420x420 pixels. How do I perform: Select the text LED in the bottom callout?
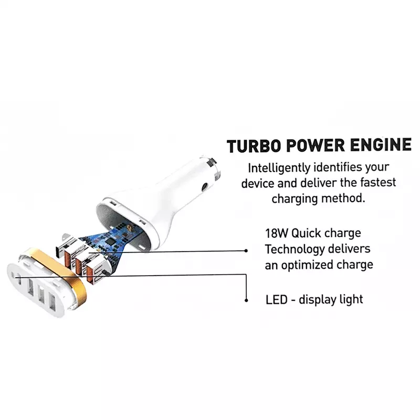coord(276,300)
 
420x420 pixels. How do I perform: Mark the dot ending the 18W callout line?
coord(246,251)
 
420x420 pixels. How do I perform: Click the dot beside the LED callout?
coord(246,301)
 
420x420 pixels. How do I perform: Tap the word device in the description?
coord(258,183)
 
